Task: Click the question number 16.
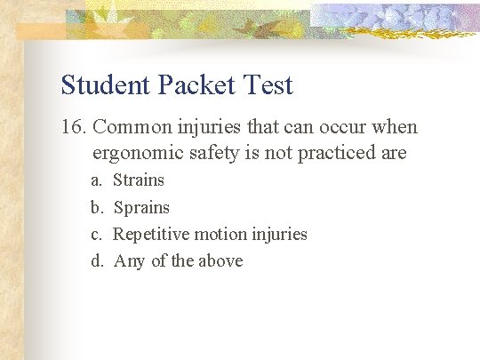tap(74, 127)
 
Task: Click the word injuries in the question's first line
tap(206, 127)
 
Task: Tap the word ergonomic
tap(138, 153)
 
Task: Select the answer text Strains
tap(140, 180)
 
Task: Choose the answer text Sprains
tap(141, 208)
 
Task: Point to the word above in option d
tap(220, 261)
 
